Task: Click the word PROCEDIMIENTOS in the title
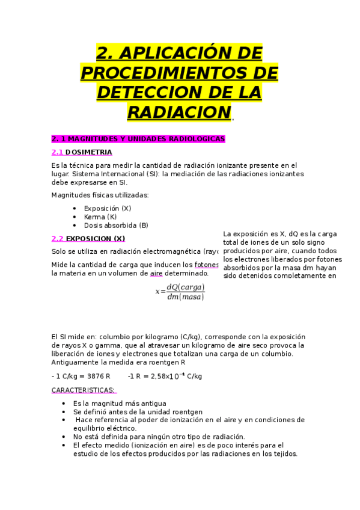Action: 179,73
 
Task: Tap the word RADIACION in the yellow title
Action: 179,112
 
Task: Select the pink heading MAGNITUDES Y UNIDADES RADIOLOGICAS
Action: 145,139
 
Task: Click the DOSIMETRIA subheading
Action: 88,152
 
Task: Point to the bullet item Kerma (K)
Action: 100,217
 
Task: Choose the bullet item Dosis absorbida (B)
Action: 116,226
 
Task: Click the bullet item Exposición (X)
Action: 108,208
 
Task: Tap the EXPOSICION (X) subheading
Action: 95,238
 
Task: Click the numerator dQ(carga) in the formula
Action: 186,287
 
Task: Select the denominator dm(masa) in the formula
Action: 186,296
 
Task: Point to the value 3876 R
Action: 99,376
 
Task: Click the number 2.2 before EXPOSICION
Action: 58,238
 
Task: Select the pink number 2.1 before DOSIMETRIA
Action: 58,152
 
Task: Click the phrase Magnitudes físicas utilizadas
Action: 100,195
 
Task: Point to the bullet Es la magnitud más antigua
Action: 120,403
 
